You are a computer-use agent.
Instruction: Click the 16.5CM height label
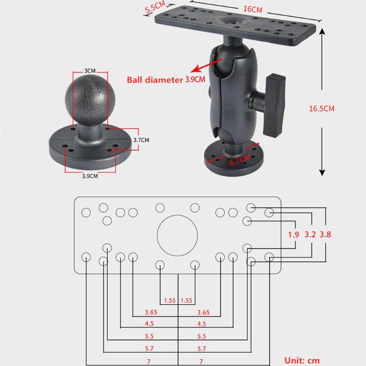point(322,108)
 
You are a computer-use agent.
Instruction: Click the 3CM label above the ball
point(90,71)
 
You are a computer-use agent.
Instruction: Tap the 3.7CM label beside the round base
point(141,140)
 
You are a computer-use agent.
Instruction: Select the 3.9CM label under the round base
point(90,176)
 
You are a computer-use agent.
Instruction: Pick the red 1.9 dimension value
point(294,235)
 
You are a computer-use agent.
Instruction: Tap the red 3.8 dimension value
point(325,235)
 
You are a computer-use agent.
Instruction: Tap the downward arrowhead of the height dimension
point(322,172)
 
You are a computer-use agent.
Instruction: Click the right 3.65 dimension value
point(204,312)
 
